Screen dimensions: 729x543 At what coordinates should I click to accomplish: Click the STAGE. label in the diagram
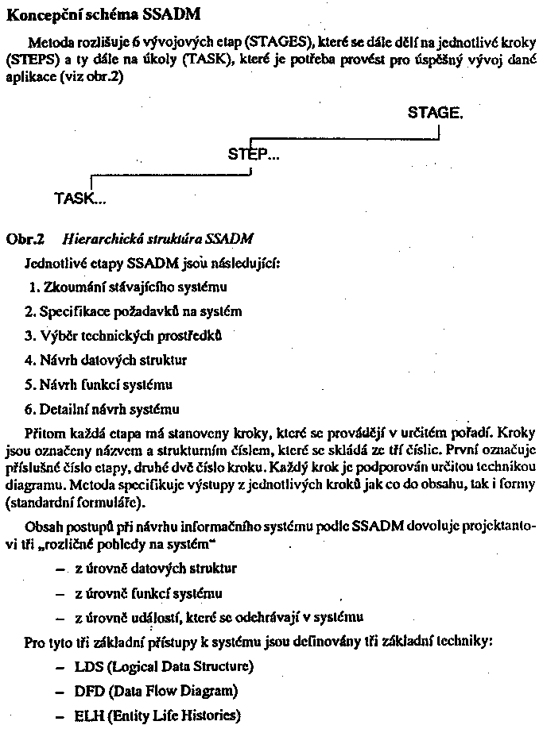[435, 113]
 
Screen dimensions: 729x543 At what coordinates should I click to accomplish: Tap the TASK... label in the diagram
[80, 199]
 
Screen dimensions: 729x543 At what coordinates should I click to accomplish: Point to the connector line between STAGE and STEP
[345, 139]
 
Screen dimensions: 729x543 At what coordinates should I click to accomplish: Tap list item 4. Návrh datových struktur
[106, 360]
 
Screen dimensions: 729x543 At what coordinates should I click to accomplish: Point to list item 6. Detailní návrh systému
[103, 409]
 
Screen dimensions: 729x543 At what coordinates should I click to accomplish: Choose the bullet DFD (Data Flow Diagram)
[156, 691]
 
